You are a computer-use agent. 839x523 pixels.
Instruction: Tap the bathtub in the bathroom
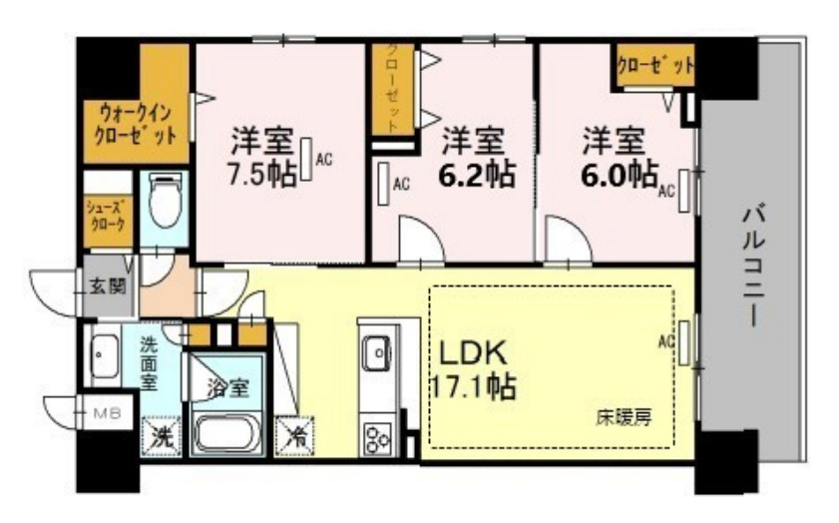[226, 433]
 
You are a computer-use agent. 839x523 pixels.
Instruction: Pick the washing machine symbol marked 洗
[159, 435]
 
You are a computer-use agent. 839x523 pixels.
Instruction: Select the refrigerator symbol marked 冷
[297, 436]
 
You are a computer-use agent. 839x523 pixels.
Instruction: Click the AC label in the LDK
[665, 340]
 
